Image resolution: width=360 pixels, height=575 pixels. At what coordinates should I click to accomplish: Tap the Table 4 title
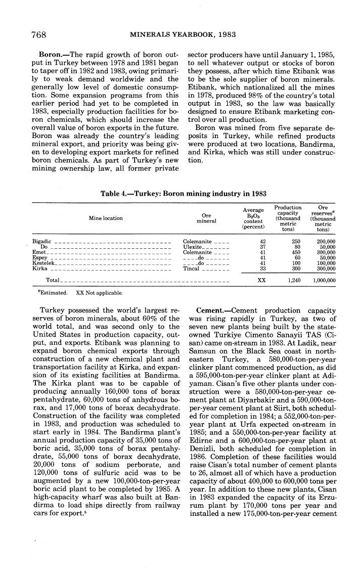(x=184, y=193)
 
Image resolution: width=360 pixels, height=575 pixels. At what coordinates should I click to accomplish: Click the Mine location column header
(x=105, y=218)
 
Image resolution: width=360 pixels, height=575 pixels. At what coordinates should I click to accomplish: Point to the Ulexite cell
(x=193, y=247)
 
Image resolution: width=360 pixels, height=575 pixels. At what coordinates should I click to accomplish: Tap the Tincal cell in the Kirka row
(x=191, y=269)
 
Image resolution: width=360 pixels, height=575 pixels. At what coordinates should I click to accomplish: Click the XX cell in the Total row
(x=261, y=279)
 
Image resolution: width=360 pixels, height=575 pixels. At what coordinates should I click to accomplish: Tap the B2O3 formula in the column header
(x=253, y=215)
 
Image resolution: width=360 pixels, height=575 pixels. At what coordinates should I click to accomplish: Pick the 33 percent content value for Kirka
(x=262, y=269)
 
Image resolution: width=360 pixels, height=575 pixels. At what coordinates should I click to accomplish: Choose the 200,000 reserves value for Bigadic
(x=326, y=242)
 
